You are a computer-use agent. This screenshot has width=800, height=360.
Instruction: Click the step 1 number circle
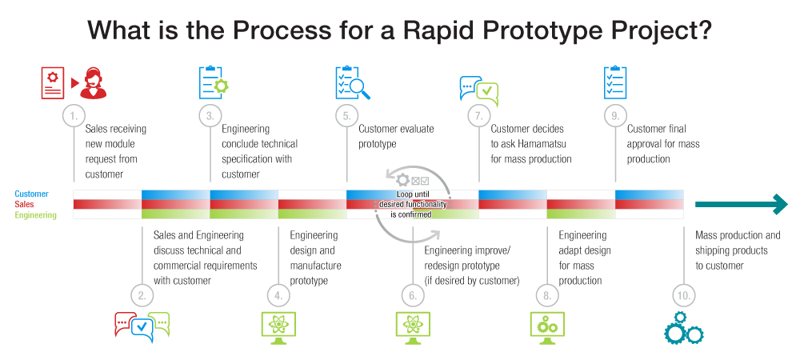(x=74, y=116)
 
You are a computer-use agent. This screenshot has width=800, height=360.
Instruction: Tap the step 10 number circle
(x=684, y=294)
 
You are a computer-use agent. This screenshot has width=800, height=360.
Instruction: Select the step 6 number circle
(x=413, y=294)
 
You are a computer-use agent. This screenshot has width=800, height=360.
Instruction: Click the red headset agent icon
(x=94, y=82)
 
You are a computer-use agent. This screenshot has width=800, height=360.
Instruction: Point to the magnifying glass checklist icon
(x=353, y=82)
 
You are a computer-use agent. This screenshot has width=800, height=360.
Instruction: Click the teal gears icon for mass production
(x=684, y=327)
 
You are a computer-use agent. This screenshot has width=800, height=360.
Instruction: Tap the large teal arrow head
(x=781, y=204)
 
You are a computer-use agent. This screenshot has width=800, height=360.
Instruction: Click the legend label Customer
(x=32, y=194)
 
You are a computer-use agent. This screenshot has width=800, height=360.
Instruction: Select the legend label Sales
(x=24, y=205)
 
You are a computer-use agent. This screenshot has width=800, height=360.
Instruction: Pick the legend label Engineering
(x=35, y=215)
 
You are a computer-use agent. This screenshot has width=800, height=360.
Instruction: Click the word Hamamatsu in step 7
(x=536, y=144)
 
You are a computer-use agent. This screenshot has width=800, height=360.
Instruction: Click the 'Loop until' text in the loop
(x=413, y=194)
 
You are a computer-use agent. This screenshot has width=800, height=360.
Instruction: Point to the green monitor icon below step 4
(x=278, y=327)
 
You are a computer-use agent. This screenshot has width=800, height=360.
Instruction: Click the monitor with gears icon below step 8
(x=547, y=327)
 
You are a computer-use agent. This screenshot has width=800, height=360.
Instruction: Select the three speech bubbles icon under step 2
(x=142, y=326)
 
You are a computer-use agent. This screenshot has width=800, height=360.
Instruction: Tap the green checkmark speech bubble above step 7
(x=486, y=93)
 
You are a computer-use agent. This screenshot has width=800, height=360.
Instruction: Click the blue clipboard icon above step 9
(x=614, y=82)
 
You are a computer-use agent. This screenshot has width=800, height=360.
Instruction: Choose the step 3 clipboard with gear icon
(x=213, y=82)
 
